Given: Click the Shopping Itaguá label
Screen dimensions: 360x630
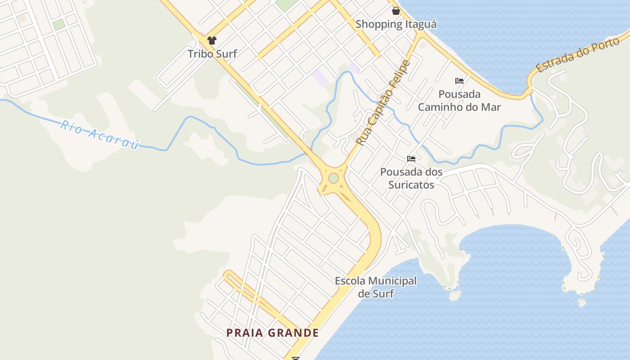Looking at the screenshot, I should pos(396,24).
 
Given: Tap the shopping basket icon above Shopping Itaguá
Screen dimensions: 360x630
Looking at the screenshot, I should pos(396,11).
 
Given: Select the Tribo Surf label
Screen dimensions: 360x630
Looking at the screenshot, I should pos(212,54).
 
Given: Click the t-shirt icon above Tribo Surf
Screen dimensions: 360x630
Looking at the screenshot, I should pos(212,40).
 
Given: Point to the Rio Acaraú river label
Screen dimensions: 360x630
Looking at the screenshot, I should pos(99,134).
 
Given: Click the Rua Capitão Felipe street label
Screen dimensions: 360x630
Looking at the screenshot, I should pos(384,103).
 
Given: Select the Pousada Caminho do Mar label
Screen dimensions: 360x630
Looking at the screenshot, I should pos(459,101).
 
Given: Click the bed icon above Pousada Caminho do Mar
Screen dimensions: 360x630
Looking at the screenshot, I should pos(459,81).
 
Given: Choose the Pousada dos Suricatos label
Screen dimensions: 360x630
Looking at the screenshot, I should pos(411,178).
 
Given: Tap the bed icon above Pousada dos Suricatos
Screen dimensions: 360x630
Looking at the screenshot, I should pos(411,158).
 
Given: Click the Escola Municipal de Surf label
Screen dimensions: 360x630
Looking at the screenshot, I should pos(376,287).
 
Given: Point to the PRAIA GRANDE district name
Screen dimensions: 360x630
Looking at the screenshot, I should pos(272,333).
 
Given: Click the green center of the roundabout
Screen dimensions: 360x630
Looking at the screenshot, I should pos(333,178).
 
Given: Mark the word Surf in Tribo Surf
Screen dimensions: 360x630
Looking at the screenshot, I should pos(226,54).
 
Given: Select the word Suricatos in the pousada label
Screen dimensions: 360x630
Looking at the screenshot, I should pos(411,184).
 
